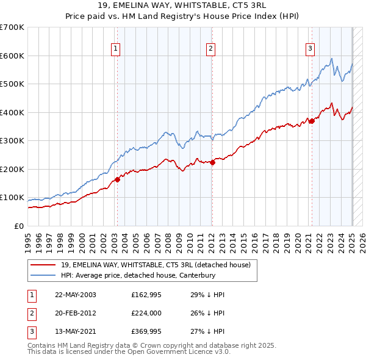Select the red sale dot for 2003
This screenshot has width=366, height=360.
[x=118, y=179]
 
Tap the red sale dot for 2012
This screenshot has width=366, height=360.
[x=213, y=162]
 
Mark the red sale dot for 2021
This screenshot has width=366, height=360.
[x=312, y=121]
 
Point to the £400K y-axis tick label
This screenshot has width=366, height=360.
[x=12, y=112]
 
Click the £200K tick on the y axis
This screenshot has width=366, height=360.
[x=12, y=169]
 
